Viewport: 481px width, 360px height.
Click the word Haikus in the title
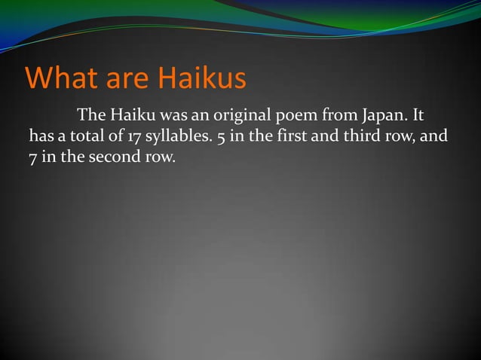[201, 78]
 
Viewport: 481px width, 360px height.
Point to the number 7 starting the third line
[33, 159]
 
